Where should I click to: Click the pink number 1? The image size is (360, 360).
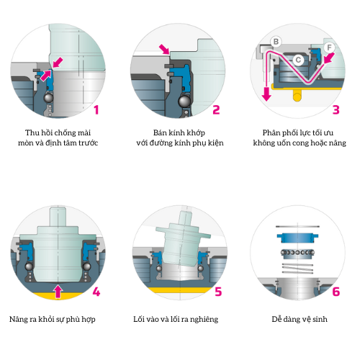96,110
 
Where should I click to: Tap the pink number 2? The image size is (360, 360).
216,110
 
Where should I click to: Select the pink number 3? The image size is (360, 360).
336,110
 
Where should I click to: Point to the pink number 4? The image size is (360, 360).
96,292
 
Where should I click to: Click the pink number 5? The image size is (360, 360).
218,292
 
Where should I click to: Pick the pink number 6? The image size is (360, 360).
336,292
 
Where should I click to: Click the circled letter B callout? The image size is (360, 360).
276,42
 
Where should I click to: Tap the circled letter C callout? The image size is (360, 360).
298,60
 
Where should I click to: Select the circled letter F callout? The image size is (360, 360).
329,48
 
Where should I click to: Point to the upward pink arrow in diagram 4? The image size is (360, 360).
58,291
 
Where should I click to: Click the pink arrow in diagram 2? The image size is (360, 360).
164,49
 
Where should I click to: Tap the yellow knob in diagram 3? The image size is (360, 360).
297,96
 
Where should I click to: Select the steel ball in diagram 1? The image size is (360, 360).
49,98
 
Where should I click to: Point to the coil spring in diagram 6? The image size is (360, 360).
297,269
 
